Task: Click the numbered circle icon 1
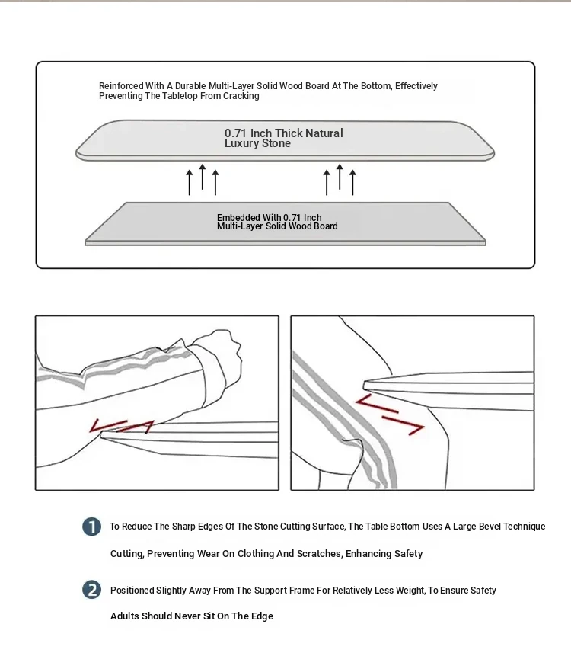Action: point(91,527)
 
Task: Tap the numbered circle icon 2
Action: point(91,590)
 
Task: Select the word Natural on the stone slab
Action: point(324,133)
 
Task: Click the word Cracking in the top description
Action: point(241,96)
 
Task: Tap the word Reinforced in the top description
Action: point(121,86)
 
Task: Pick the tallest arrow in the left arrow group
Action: point(202,177)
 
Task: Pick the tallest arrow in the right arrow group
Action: point(339,177)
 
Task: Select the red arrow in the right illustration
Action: point(390,416)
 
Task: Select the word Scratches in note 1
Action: point(319,554)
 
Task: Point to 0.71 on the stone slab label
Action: point(237,133)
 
